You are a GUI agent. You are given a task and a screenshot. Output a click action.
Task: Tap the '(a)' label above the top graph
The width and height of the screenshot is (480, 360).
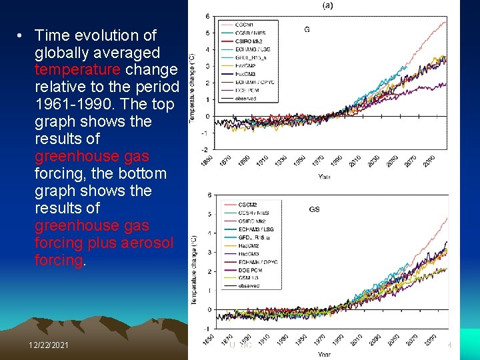[328, 5]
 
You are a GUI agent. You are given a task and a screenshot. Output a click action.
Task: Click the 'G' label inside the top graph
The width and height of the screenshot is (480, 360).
[307, 29]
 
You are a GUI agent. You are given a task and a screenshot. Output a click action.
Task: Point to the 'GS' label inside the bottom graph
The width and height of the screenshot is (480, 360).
[314, 209]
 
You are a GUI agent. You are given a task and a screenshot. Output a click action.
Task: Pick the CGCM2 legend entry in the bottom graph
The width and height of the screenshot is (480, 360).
[248, 205]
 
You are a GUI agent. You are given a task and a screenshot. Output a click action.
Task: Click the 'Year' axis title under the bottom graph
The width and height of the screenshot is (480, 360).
[324, 354]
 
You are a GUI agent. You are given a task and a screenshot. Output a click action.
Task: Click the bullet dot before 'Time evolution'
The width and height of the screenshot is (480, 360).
[22, 35]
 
